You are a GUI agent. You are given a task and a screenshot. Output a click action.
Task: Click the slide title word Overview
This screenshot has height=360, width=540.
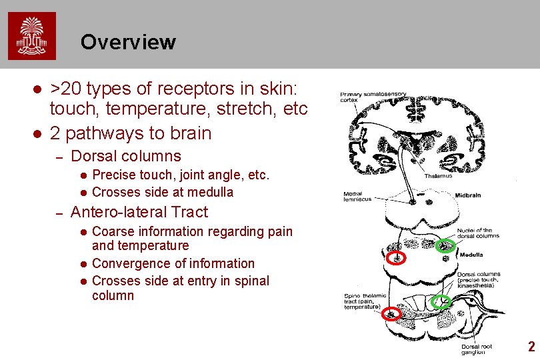pyautogui.click(x=128, y=42)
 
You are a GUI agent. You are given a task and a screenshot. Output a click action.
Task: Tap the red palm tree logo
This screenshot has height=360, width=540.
pyautogui.click(x=32, y=36)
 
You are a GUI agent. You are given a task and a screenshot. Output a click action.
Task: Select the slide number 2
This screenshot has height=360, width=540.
pyautogui.click(x=531, y=346)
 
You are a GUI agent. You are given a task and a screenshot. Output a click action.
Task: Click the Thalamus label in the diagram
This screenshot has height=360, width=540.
pyautogui.click(x=437, y=176)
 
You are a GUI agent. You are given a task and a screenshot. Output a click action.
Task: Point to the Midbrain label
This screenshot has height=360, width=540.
pyautogui.click(x=467, y=195)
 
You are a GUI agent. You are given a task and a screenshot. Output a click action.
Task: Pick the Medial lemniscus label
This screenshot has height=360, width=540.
pyautogui.click(x=357, y=196)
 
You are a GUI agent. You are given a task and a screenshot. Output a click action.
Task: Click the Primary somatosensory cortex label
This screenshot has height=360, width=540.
pyautogui.click(x=373, y=97)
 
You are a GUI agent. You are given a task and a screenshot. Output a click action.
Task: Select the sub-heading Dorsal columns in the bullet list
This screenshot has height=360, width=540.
pyautogui.click(x=125, y=156)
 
